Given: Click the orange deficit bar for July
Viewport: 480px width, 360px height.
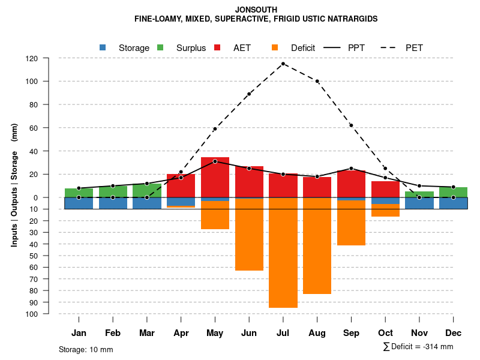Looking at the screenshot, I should pyautogui.click(x=283, y=252).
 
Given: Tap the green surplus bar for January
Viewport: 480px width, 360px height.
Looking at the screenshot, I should pyautogui.click(x=79, y=193).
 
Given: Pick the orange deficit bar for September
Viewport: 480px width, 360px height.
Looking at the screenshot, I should pyautogui.click(x=351, y=223).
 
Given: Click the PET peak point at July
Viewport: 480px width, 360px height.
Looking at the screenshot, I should pyautogui.click(x=283, y=64).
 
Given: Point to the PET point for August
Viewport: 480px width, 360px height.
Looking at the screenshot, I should pyautogui.click(x=317, y=81).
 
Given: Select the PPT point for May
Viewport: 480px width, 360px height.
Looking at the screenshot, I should pyautogui.click(x=215, y=161).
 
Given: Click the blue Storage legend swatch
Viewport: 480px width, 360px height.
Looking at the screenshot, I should pyautogui.click(x=103, y=47).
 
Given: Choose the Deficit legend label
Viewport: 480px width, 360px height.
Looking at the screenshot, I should pyautogui.click(x=303, y=48).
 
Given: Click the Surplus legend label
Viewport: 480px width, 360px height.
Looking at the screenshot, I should pyautogui.click(x=191, y=48).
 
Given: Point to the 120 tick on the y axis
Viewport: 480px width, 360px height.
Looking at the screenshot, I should pyautogui.click(x=32, y=58).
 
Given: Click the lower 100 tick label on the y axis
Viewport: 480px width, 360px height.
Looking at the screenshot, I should pyautogui.click(x=32, y=314).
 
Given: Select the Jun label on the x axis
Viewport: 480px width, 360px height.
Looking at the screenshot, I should pyautogui.click(x=249, y=333).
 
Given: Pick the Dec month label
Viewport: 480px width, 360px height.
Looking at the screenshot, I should pyautogui.click(x=454, y=333).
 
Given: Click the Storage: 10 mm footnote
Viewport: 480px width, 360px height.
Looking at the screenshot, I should pyautogui.click(x=86, y=349).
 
